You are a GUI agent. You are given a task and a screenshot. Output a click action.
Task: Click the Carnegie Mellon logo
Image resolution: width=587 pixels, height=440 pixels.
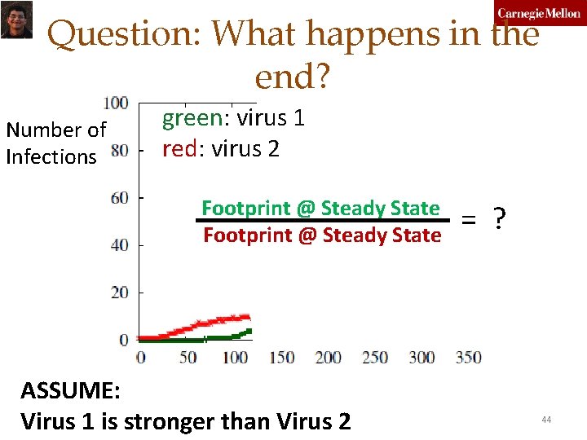coord(539,13)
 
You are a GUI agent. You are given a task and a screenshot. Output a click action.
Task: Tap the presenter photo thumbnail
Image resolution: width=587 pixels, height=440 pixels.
coord(15,19)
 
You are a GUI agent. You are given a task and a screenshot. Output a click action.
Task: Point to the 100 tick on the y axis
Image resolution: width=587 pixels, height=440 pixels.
coord(116,103)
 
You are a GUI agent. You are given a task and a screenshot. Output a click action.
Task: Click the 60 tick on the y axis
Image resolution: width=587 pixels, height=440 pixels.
coord(119,198)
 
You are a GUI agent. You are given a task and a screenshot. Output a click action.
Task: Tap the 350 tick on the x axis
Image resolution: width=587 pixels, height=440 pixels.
coord(468,358)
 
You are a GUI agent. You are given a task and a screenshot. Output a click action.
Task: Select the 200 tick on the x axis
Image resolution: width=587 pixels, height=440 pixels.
coord(328,358)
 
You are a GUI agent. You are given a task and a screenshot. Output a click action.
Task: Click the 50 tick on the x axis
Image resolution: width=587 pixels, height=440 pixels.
coord(188,358)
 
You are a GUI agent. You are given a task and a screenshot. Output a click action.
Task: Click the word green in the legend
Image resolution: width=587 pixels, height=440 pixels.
coord(192,119)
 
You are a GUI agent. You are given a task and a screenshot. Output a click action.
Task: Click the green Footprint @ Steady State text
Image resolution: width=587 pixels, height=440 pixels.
coord(320,208)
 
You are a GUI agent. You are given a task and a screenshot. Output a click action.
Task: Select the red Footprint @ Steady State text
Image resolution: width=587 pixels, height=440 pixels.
coord(321,235)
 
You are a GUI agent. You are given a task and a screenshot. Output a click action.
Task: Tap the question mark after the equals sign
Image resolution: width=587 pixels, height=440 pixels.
coord(499,219)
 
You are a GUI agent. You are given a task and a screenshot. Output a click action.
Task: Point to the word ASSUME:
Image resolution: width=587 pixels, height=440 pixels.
coord(70,390)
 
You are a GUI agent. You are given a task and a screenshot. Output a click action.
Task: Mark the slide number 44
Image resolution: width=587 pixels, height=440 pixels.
coord(545,419)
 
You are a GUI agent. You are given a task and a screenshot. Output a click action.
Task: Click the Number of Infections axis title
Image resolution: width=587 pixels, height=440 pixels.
coord(55,143)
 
